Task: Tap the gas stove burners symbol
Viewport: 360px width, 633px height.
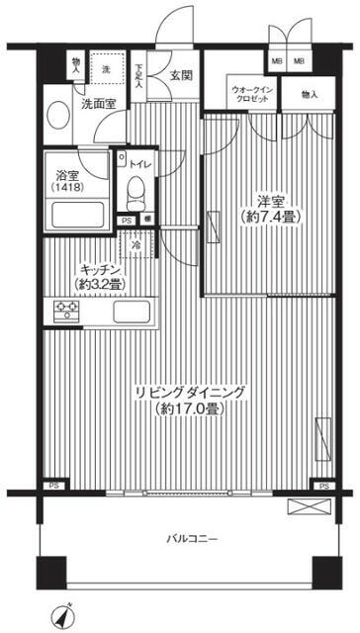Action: click(x=64, y=313)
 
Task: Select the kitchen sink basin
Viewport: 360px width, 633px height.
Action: click(x=131, y=314)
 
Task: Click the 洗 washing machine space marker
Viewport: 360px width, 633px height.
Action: click(x=106, y=69)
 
